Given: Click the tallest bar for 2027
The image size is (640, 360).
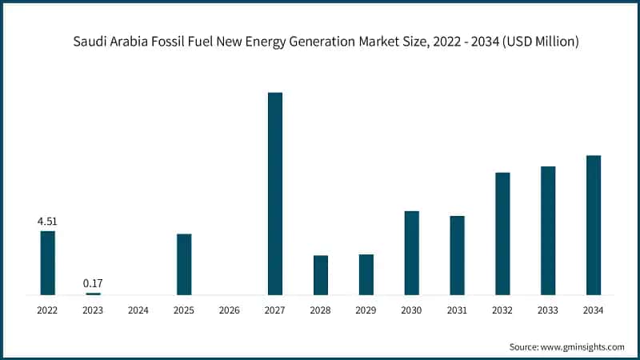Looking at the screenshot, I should [274, 194].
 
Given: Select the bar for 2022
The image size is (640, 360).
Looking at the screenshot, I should [48, 262].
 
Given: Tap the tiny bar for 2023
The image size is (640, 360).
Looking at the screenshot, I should [93, 294].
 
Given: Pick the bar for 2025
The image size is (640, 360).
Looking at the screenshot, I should [184, 264].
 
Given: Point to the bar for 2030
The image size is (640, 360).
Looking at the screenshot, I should [412, 253].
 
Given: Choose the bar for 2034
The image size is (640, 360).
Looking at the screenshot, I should [594, 225].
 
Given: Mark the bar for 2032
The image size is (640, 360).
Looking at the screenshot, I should [502, 234].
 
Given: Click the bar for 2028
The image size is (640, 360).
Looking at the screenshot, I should [321, 274].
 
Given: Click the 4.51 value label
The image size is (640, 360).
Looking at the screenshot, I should [48, 222].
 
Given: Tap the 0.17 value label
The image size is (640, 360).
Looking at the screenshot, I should [93, 283].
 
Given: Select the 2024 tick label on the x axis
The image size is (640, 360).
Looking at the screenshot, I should [138, 310].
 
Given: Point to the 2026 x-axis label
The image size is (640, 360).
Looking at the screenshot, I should [230, 310].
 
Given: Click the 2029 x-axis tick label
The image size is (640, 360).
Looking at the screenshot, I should [366, 310].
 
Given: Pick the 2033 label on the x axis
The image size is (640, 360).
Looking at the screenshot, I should [548, 310].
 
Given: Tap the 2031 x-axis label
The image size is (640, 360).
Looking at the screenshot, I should [457, 310].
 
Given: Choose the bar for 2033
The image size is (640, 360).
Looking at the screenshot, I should [548, 230].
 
